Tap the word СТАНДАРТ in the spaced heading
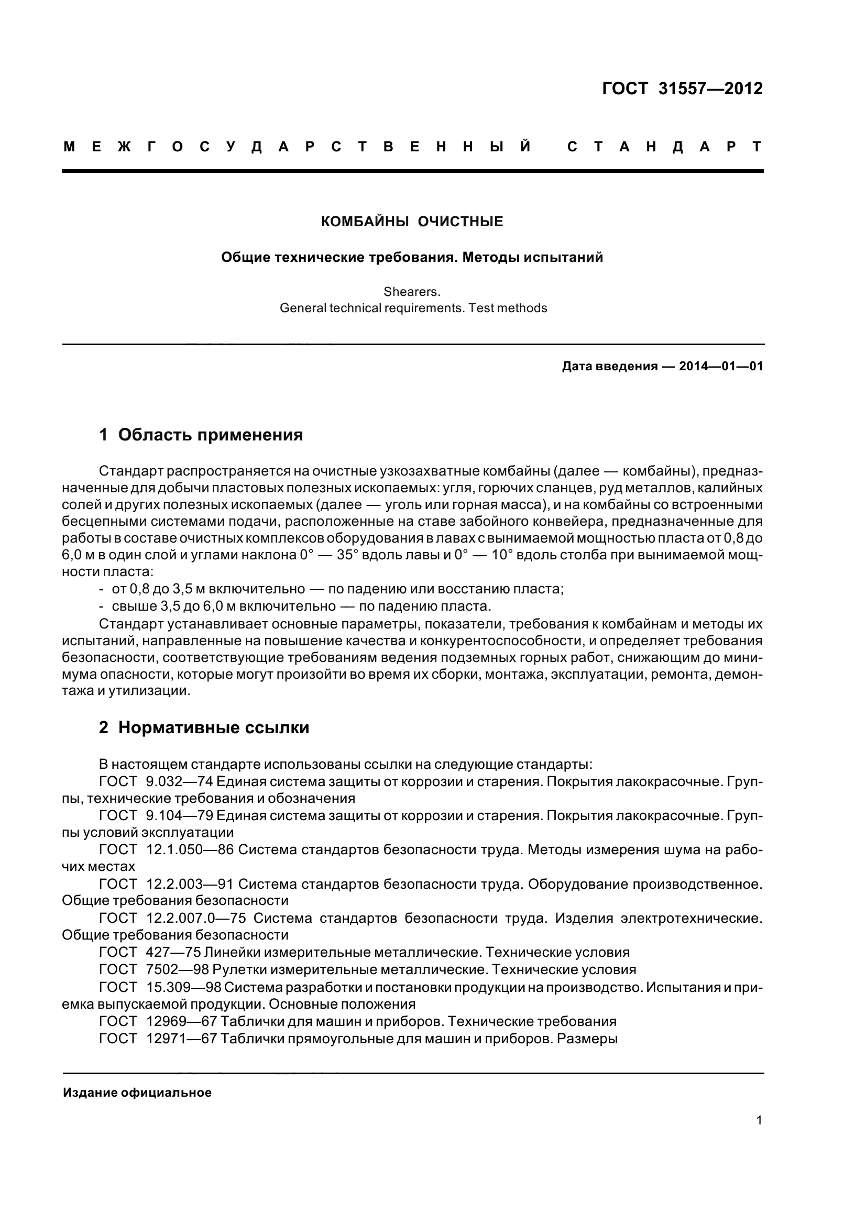tap(664, 147)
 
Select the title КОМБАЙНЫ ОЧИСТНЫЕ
tap(412, 222)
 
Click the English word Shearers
tap(412, 292)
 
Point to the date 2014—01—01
tap(721, 367)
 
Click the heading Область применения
tap(210, 435)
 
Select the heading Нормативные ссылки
tap(213, 728)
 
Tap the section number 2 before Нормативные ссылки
tap(104, 728)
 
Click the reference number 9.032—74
tap(179, 781)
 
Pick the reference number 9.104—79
tap(179, 816)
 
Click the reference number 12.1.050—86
tap(190, 850)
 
